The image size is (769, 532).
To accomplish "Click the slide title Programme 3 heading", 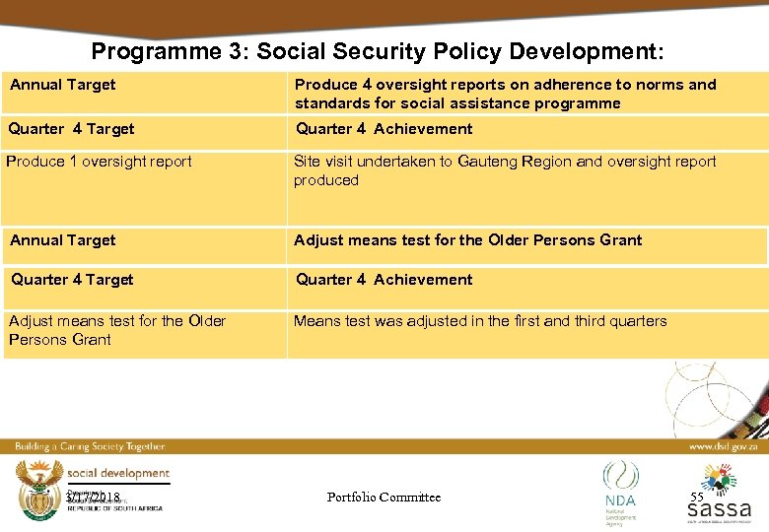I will coord(378,50).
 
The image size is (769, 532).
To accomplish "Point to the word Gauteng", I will coord(492,162).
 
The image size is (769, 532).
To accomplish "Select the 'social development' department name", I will coord(118,474).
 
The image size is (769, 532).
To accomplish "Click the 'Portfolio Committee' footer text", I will coord(384,498).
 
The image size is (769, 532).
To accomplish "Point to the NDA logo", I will coord(620,487).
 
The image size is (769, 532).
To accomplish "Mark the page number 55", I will coord(698,498).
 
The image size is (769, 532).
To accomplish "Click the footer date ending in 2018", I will coord(93,497).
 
